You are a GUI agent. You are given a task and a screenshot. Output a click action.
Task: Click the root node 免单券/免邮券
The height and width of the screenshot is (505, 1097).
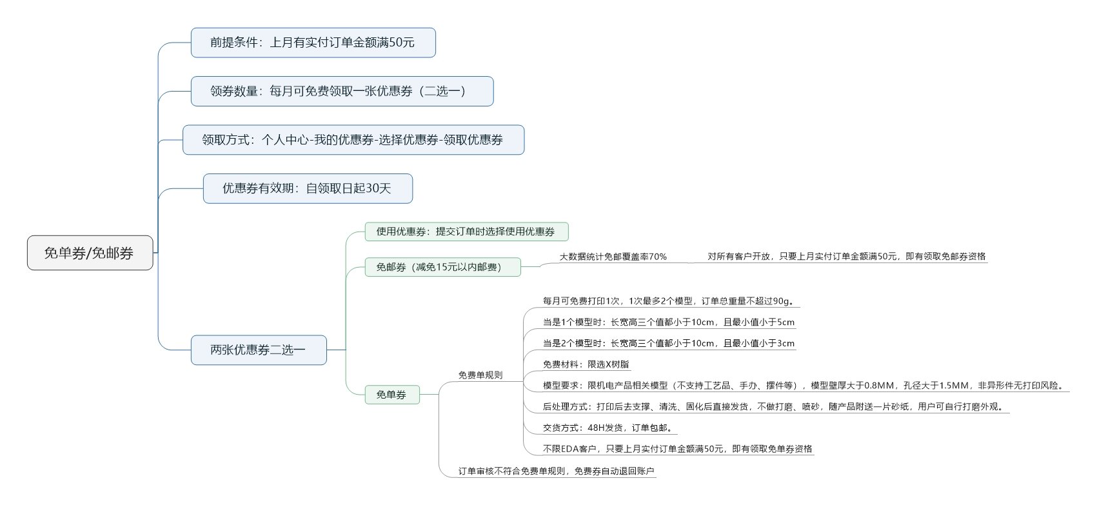coord(90,253)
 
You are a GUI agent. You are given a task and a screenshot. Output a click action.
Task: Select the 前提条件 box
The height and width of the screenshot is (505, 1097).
coord(313,43)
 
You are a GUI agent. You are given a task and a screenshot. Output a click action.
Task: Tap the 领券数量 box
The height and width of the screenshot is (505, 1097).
coord(342,91)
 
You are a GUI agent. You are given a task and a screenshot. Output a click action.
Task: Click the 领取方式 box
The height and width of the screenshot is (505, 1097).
coord(353,139)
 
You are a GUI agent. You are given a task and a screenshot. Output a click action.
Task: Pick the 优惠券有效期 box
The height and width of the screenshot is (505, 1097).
coord(308,188)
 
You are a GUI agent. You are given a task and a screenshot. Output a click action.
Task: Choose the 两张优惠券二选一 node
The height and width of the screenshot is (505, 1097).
coord(259,350)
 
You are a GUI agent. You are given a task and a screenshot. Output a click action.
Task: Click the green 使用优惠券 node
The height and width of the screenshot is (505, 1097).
coord(466,232)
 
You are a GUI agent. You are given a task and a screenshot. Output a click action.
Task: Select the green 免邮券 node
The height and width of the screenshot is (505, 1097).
coord(442,267)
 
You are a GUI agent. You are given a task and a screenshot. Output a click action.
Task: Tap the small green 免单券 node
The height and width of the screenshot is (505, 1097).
coord(392,395)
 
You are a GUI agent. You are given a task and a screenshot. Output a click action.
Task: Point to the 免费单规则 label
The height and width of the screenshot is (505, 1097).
coord(480,375)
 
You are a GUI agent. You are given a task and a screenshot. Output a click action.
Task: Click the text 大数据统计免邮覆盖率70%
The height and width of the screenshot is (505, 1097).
coord(613,257)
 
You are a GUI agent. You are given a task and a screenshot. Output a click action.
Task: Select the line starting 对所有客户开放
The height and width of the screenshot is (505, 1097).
coord(847,257)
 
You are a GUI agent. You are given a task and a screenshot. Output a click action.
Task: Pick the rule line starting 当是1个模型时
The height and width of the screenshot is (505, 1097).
coord(669,322)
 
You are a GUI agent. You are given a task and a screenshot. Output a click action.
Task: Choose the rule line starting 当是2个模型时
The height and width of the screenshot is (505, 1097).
coord(669,343)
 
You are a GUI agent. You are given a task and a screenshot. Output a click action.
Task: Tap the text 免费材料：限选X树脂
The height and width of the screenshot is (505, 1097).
coord(586,364)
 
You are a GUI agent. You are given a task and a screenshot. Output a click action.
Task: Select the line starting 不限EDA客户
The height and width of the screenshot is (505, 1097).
coord(677,449)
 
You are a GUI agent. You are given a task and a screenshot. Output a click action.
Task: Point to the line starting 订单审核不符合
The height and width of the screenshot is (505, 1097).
coord(557,471)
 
